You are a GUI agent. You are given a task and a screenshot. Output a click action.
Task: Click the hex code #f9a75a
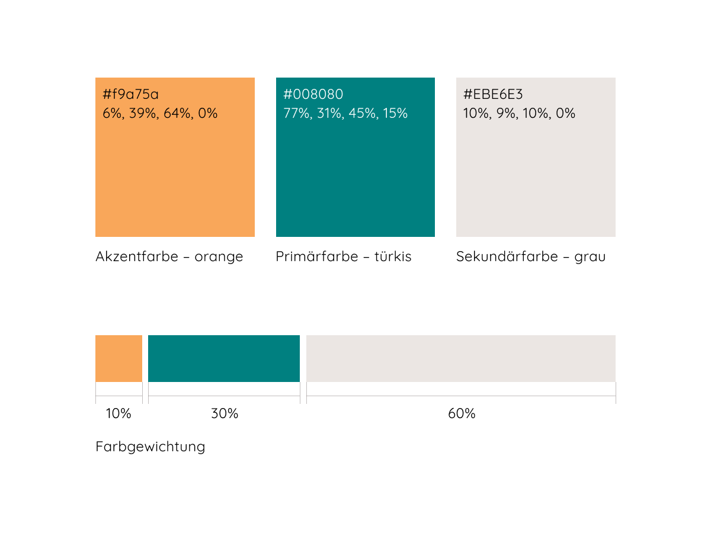(130, 95)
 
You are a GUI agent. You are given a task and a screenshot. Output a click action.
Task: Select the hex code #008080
(313, 95)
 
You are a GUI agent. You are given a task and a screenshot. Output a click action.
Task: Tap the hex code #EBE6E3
(493, 95)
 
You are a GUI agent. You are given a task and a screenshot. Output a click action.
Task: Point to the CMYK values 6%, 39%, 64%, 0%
(160, 113)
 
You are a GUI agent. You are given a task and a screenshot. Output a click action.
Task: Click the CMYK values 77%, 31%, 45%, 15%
(345, 113)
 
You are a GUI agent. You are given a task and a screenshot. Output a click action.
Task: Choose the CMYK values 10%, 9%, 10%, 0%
(519, 113)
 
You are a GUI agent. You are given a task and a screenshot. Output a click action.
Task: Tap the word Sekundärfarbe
(499, 256)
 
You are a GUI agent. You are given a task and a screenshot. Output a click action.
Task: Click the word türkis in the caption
(392, 256)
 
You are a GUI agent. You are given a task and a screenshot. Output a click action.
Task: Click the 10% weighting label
(118, 414)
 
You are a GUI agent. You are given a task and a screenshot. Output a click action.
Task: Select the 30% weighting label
(225, 414)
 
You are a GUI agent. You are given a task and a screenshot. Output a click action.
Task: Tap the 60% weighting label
(462, 414)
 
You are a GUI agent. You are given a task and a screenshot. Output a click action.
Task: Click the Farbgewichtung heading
(150, 447)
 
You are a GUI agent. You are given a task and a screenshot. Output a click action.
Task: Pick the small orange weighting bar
(118, 358)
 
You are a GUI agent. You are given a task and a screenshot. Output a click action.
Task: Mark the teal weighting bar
(224, 358)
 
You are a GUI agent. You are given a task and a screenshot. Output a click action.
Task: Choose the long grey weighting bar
(461, 358)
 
